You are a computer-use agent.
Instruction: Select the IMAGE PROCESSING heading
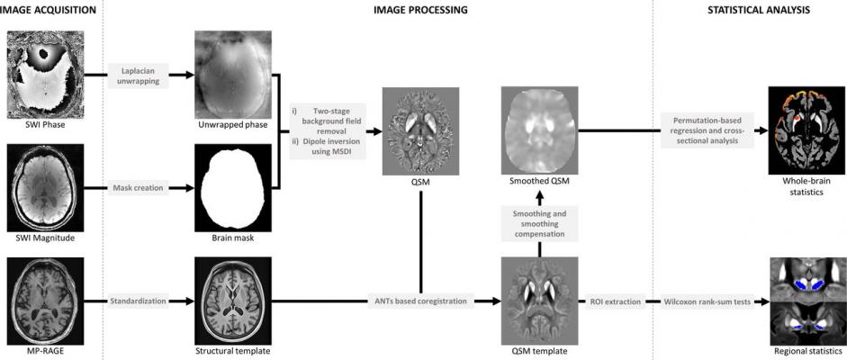(420, 10)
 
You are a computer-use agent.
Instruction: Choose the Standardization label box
(137, 300)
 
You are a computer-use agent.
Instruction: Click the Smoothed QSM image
(538, 129)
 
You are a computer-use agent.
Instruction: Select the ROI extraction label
(615, 300)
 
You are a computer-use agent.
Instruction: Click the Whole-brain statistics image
(806, 129)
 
